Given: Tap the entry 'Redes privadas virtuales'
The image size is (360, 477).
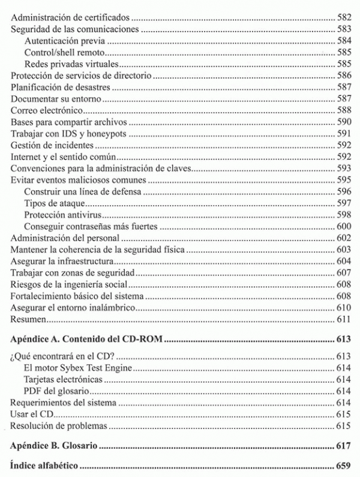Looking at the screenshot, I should tap(71, 64).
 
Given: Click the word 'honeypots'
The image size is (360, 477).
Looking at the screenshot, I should tap(110, 133).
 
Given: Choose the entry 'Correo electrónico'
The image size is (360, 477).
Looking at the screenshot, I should tap(47, 110).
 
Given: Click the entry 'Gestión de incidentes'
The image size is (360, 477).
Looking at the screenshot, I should tap(52, 145).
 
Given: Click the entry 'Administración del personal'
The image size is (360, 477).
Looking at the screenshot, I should tap(62, 238).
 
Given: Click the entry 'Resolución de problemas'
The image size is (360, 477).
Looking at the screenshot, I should tap(59, 426).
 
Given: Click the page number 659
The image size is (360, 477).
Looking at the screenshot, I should tap(343, 466).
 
